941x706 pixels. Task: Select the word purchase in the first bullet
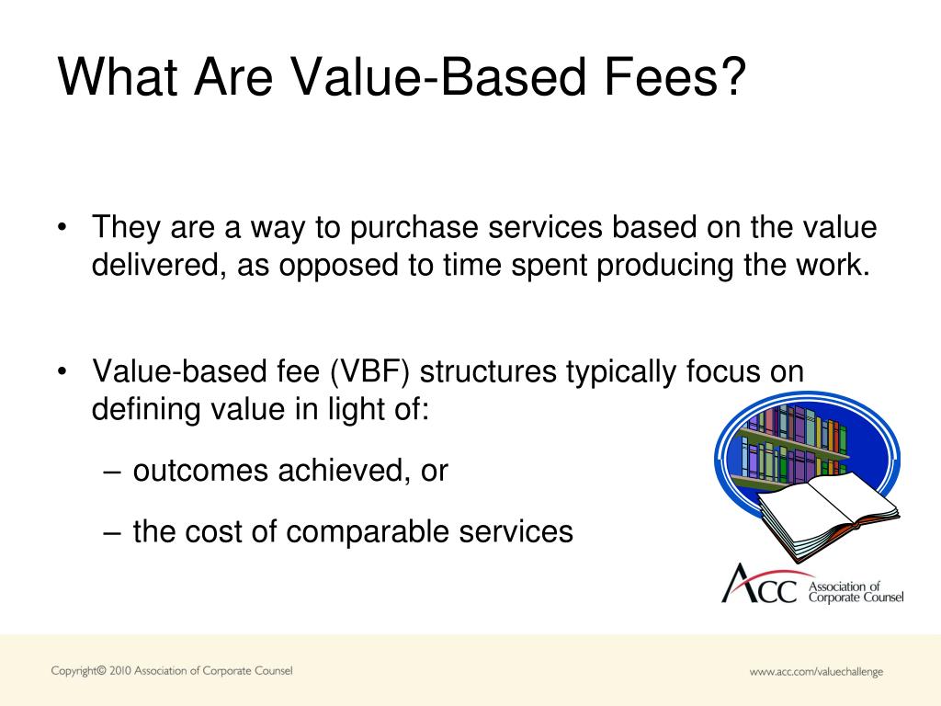pyautogui.click(x=421, y=226)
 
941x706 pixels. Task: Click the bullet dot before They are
pyautogui.click(x=62, y=227)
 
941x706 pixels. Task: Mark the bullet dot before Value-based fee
pyautogui.click(x=62, y=372)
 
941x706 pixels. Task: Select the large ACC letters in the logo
pyautogui.click(x=759, y=586)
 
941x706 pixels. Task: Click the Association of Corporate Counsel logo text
pyautogui.click(x=855, y=591)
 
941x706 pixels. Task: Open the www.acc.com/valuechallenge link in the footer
pyautogui.click(x=816, y=672)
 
